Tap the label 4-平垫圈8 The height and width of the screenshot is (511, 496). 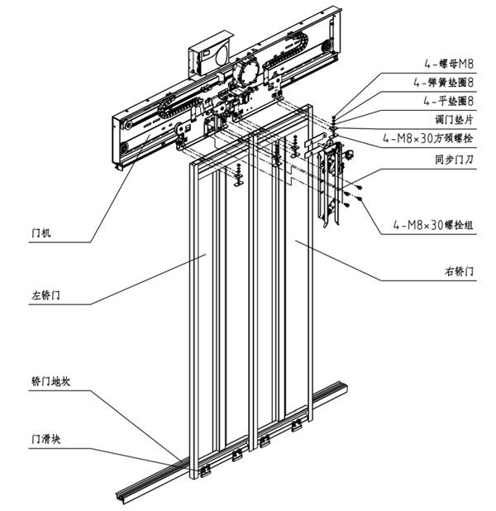point(443,101)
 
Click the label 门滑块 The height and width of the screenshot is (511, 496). point(46,440)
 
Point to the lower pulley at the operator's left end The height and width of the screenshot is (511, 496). point(124,149)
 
